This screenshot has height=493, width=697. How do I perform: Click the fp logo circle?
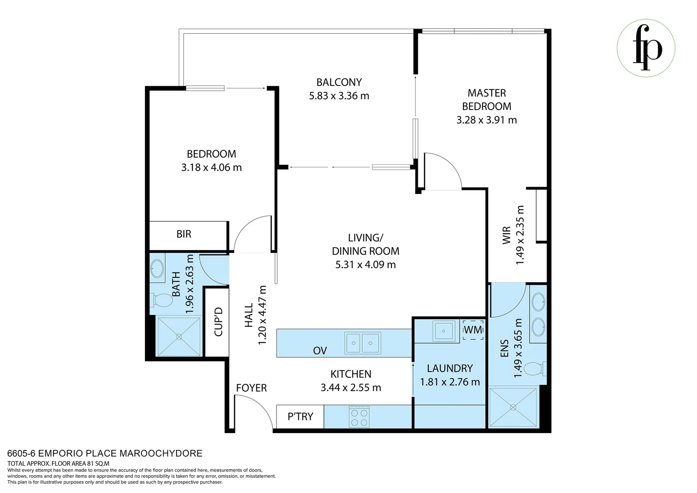[x=646, y=48]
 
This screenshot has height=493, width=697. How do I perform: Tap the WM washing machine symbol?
[x=473, y=330]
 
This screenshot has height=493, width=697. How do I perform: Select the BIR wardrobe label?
[x=184, y=234]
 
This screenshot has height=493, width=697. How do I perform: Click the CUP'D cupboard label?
[x=218, y=322]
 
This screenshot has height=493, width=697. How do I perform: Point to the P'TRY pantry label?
[x=300, y=417]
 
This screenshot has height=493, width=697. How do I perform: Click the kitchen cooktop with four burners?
[x=359, y=417]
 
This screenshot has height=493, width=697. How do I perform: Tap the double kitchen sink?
[x=362, y=343]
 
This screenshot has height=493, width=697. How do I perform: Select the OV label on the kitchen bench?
[x=320, y=351]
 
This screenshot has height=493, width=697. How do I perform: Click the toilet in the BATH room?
[x=160, y=300]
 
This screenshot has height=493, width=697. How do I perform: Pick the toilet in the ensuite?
[x=535, y=369]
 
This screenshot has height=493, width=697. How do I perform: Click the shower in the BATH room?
[x=179, y=336]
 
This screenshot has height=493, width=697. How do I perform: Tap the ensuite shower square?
[x=514, y=407]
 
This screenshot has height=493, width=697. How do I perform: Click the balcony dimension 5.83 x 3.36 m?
[x=339, y=96]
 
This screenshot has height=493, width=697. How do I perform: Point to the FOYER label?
[x=251, y=388]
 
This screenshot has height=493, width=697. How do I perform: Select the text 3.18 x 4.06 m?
[x=211, y=168]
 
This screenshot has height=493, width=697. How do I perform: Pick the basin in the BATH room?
[x=158, y=269]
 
